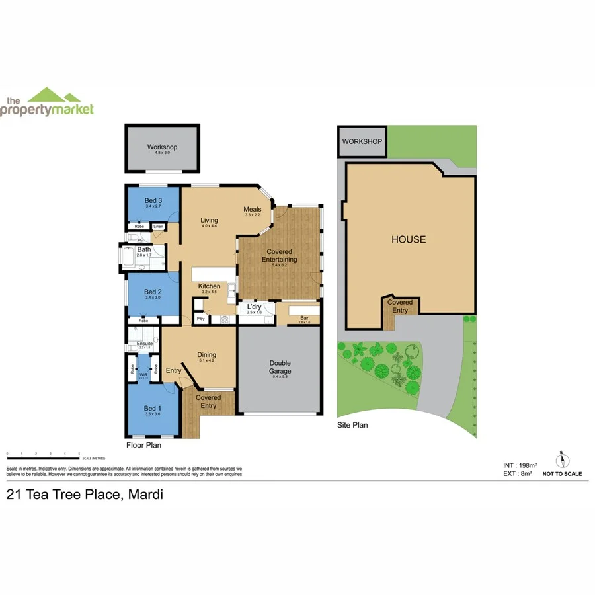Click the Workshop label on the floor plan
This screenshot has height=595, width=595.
[x=162, y=147]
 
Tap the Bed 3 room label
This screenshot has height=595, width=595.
[x=153, y=200]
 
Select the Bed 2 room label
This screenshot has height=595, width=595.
[x=153, y=292]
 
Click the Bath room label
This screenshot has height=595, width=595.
[x=144, y=250]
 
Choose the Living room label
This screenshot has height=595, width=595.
[x=210, y=221]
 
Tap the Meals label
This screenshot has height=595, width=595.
[x=253, y=210]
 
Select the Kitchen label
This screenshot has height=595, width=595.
[x=209, y=286]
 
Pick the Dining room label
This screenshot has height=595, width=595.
[x=206, y=356]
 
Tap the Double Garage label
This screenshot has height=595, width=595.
[x=280, y=367]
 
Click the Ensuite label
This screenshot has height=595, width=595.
[x=145, y=344]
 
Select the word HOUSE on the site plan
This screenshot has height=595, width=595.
[x=409, y=239]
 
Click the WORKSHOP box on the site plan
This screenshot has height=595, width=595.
[x=362, y=142]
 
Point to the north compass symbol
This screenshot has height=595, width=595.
[x=562, y=461]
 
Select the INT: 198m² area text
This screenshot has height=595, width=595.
[x=518, y=466]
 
